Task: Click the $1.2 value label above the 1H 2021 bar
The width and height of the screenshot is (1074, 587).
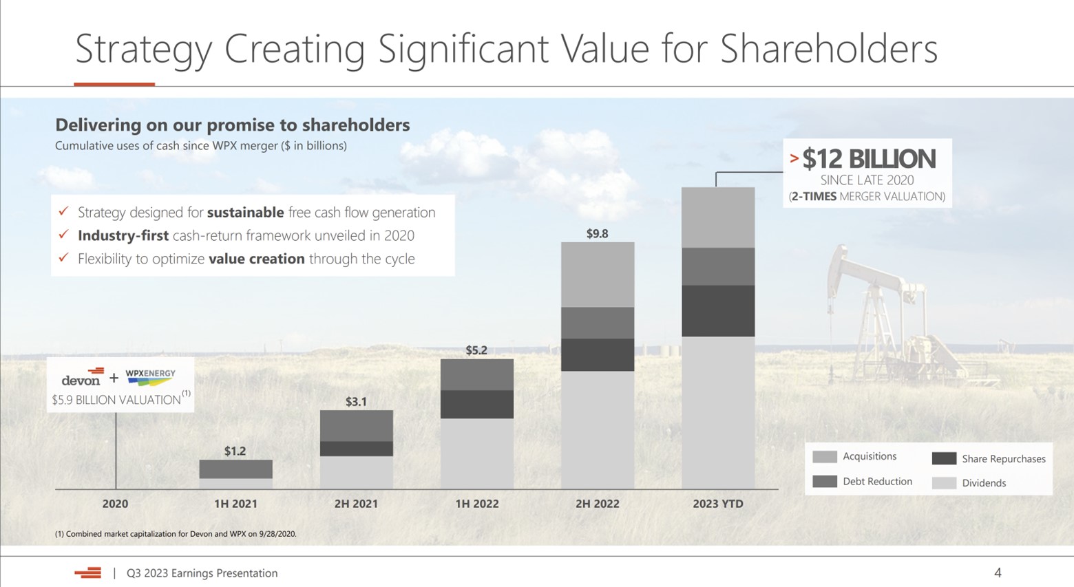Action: (235, 451)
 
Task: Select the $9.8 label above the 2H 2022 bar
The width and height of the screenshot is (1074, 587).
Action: (597, 234)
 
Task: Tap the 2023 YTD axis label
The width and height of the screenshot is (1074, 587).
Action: (717, 504)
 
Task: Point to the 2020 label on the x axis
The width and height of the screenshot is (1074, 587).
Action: (115, 504)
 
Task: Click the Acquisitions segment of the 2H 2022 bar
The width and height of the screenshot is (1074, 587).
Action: (597, 275)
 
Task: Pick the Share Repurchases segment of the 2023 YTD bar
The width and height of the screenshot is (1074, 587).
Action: (717, 310)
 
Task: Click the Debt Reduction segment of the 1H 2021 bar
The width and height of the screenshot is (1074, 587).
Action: (235, 469)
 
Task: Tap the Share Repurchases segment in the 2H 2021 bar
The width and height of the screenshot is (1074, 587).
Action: (356, 449)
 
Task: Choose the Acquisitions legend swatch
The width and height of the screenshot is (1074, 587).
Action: (824, 457)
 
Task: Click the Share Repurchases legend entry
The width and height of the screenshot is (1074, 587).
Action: (1003, 459)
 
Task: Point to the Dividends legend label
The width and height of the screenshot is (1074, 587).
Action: (984, 483)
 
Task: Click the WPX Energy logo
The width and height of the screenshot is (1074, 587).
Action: (150, 376)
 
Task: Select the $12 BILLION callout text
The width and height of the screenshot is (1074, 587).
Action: (869, 159)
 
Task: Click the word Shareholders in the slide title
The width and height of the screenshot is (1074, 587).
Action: (828, 50)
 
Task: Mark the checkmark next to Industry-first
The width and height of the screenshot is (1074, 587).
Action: (63, 235)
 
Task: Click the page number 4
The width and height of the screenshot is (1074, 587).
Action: (998, 573)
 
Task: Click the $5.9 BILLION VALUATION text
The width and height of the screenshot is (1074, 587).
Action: (116, 400)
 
